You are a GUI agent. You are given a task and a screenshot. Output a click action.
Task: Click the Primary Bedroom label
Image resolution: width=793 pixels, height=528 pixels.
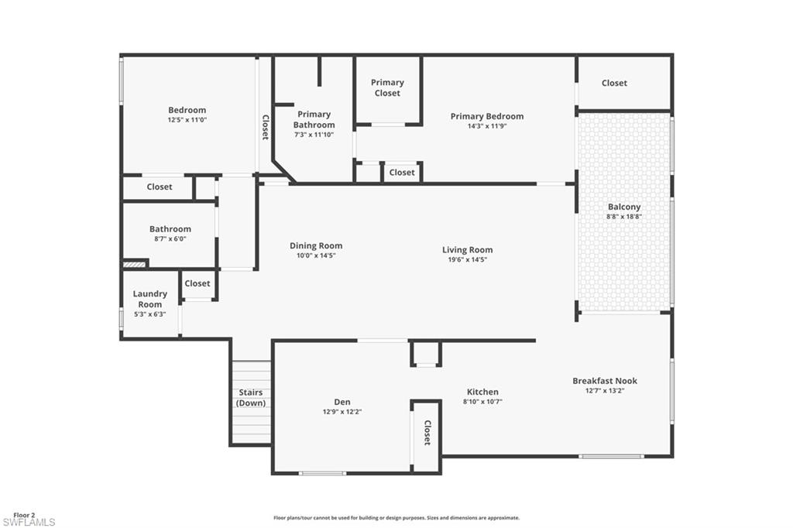coord(487,116)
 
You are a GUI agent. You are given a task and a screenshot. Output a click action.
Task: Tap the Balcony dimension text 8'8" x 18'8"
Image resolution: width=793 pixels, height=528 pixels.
coord(624,217)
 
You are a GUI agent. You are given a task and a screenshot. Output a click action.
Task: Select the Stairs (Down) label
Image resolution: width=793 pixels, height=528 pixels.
coord(251,398)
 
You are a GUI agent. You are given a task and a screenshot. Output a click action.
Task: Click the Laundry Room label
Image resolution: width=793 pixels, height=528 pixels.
coord(149,299)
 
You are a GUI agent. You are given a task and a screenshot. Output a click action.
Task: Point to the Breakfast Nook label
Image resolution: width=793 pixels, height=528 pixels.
coord(605,380)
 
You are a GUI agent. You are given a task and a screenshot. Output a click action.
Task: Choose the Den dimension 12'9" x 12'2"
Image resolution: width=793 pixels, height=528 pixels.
coord(342,412)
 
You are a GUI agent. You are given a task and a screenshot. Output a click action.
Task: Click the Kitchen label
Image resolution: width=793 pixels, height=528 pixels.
coord(482,392)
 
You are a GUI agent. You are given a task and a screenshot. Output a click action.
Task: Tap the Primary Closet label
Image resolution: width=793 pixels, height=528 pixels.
coord(387,87)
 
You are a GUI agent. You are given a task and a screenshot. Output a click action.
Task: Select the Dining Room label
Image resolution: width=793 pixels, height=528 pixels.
coord(316,245)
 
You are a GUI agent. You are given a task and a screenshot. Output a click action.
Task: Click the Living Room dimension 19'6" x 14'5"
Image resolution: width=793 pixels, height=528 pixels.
coord(468,259)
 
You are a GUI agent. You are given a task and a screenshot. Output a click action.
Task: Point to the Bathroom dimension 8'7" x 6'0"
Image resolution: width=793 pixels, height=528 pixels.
coord(170,239)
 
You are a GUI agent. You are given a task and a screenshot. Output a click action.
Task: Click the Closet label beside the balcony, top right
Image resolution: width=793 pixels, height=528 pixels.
coord(614,83)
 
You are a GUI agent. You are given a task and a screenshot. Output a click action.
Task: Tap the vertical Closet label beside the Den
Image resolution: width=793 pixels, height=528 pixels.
coord(427,433)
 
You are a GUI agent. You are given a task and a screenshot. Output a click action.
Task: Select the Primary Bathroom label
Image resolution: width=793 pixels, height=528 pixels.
coord(314,119)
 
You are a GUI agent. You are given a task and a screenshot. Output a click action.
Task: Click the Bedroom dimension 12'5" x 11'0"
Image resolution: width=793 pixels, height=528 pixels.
coord(187,120)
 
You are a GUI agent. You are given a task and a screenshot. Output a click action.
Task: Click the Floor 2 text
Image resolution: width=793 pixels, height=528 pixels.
coord(24,514)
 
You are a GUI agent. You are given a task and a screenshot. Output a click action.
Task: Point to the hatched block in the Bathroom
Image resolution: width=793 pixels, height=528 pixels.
coord(135,264)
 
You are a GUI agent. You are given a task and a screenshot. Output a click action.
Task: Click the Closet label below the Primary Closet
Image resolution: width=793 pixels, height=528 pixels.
coord(402,172)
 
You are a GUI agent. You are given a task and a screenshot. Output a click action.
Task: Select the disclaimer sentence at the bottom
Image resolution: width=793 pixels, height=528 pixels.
coord(396,518)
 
